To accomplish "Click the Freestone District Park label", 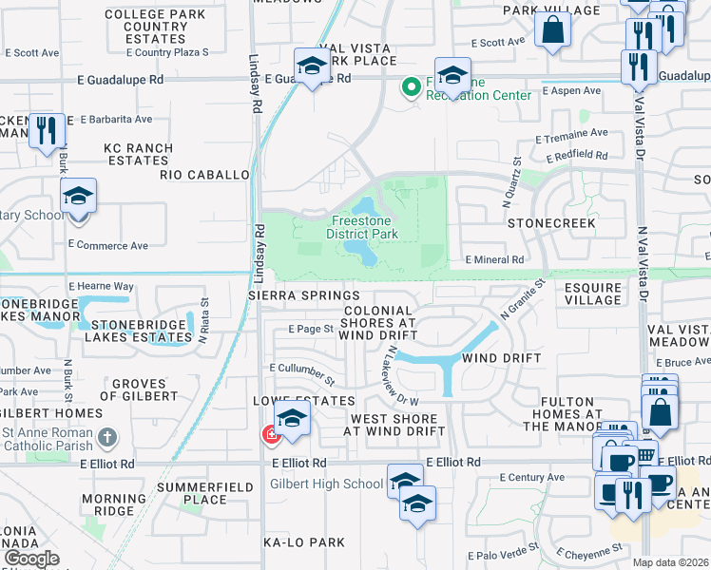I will tap(360, 226).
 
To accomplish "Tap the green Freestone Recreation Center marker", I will tap(411, 88).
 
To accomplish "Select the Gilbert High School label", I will tap(326, 484).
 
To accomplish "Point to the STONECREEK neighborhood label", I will tap(551, 223).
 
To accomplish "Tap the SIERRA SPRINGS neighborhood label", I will tap(304, 296).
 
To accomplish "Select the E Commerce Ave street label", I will tap(107, 245).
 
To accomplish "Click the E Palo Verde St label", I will tap(503, 555).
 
